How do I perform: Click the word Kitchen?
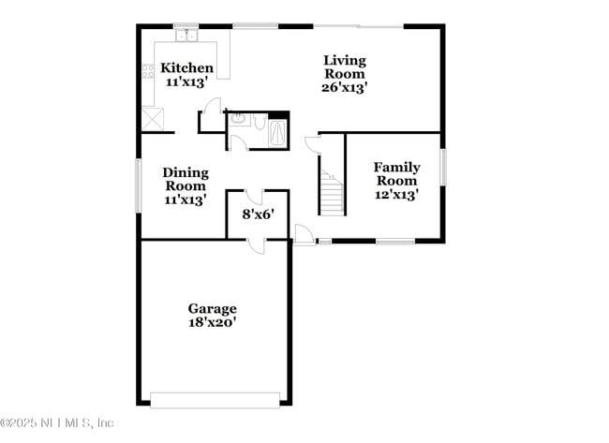pos(186,68)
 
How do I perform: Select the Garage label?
pos(212,308)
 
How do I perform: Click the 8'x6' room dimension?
pos(258,214)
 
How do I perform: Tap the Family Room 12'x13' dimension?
pos(396,195)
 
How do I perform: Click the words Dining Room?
pos(186,179)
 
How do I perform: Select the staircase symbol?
pos(332,192)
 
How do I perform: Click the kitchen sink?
pos(186,36)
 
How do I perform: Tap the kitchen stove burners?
pos(148,73)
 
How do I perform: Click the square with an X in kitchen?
pos(153,119)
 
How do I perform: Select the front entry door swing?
pos(304,235)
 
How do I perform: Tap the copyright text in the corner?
pos(58,423)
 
